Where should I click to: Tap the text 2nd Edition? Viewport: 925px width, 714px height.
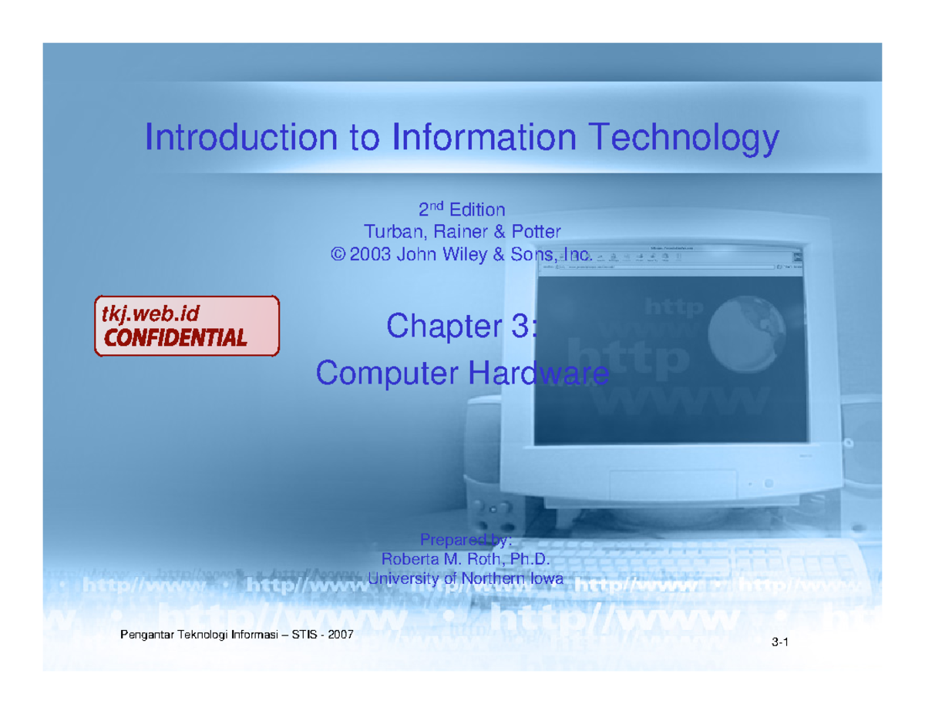click(x=462, y=210)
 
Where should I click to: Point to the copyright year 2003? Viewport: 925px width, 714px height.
click(x=370, y=255)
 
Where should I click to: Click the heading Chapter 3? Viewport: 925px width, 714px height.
click(x=462, y=326)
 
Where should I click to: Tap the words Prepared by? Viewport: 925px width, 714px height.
click(x=462, y=538)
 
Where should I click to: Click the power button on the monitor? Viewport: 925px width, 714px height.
click(x=768, y=484)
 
